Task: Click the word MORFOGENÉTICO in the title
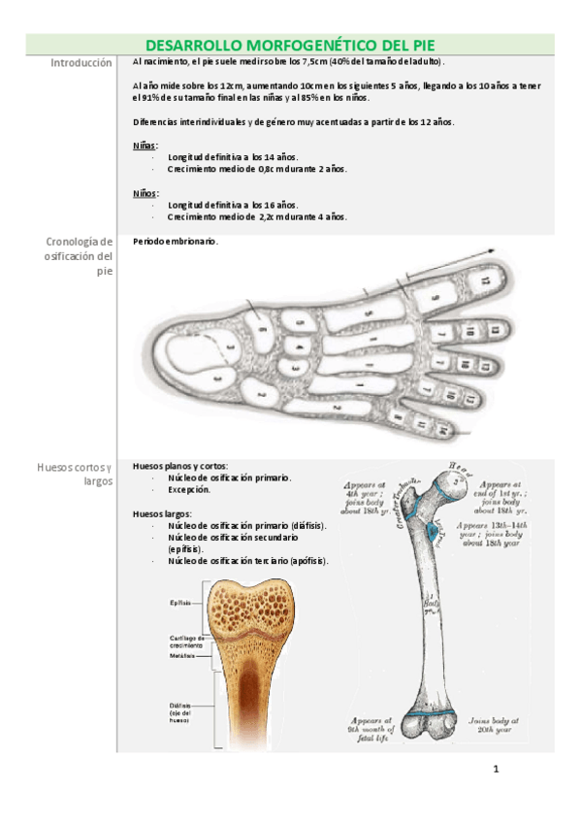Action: click(x=306, y=46)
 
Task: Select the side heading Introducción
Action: click(x=81, y=62)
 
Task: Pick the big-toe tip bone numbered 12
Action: click(x=485, y=280)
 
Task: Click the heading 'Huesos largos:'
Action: click(x=162, y=513)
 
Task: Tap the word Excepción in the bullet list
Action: click(x=189, y=490)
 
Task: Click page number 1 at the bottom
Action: click(x=496, y=771)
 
